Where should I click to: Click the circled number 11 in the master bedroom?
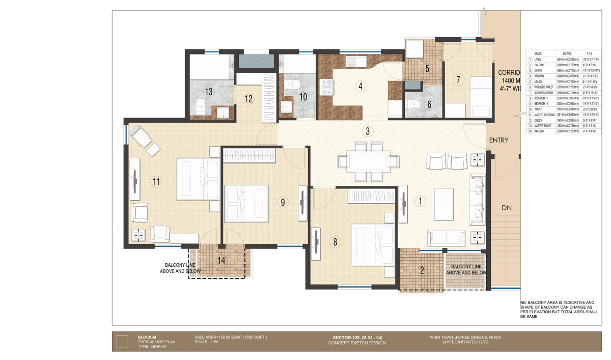tap(156, 181)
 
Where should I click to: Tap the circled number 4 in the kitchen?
tap(360, 86)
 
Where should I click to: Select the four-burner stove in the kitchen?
tap(326, 87)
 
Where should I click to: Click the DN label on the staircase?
tap(506, 208)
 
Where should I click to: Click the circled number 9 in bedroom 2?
tap(283, 202)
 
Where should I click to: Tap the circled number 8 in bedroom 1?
tap(335, 242)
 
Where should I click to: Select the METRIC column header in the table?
tap(567, 53)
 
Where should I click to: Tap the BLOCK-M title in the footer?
tap(147, 337)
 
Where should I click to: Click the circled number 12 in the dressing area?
tap(248, 99)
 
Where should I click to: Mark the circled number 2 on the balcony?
tap(422, 270)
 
